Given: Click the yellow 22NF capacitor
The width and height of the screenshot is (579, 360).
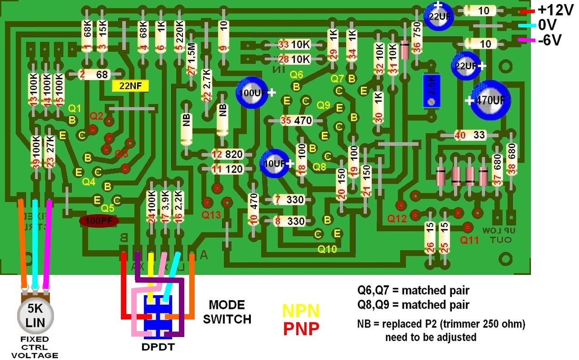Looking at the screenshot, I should coord(130,86).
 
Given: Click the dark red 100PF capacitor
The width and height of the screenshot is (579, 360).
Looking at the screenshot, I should coord(99,221).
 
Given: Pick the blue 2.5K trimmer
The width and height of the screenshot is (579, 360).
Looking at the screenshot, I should coord(431,91).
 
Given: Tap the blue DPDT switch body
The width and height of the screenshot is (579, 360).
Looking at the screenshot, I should coord(157,317).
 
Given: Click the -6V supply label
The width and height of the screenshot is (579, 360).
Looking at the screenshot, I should coord(550,40).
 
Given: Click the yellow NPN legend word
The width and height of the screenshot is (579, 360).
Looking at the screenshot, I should coord(301,311).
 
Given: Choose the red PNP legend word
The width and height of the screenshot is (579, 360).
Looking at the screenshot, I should coord(301,328).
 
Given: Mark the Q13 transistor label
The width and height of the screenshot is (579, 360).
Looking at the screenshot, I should coord(212,215).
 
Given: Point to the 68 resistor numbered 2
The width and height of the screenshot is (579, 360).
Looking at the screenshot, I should coord(97,75).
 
